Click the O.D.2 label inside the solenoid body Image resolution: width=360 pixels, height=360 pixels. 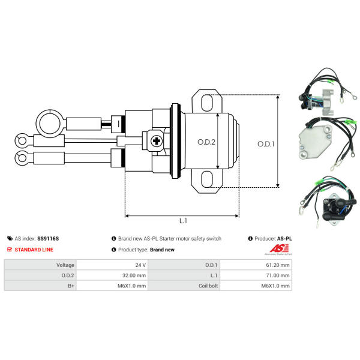click(206, 142)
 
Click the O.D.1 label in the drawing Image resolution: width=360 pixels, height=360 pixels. click(266, 144)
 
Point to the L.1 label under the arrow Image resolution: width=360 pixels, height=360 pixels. click(183, 221)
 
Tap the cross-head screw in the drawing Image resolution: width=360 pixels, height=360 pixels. click(157, 141)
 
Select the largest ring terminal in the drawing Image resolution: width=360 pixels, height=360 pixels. click(50, 124)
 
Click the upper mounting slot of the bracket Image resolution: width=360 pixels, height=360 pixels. click(207, 103)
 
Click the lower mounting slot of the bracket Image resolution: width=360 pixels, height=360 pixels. click(207, 179)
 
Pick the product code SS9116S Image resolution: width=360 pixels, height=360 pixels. click(48, 239)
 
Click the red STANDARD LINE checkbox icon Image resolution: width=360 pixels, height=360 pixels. click(10, 250)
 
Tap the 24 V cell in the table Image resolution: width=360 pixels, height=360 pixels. click(112, 265)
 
